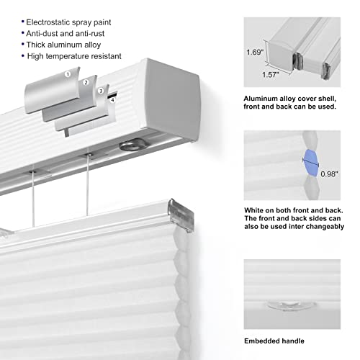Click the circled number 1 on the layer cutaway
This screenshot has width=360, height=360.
pyautogui.click(x=68, y=74)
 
